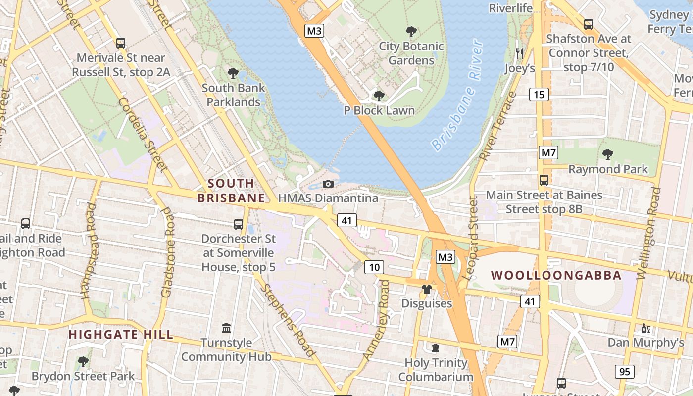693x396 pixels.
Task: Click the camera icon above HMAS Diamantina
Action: pos(328,184)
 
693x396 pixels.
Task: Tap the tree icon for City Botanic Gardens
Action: pos(411,32)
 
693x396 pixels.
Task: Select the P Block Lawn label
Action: pos(379,110)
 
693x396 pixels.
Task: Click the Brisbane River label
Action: pos(456,96)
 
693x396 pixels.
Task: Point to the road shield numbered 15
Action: pos(539,94)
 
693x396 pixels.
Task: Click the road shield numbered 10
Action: pos(374,268)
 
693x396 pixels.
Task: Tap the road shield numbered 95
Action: pos(625,371)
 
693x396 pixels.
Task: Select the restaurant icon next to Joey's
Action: pos(519,53)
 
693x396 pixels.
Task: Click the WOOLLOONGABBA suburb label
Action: pos(556,275)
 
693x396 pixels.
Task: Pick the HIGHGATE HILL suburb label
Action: pos(121,335)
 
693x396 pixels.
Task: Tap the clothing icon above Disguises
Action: pos(426,289)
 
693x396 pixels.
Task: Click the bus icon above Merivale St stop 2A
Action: pos(121,43)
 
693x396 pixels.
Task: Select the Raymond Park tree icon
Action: pos(607,154)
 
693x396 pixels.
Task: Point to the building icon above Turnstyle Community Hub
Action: pos(226,328)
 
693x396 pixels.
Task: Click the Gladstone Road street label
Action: pos(168,252)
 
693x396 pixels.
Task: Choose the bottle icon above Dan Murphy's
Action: pos(645,328)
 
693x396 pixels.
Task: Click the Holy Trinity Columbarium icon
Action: pos(436,348)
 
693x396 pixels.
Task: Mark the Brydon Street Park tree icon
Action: pos(83,362)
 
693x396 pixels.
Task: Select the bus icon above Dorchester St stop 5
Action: pos(239,224)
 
